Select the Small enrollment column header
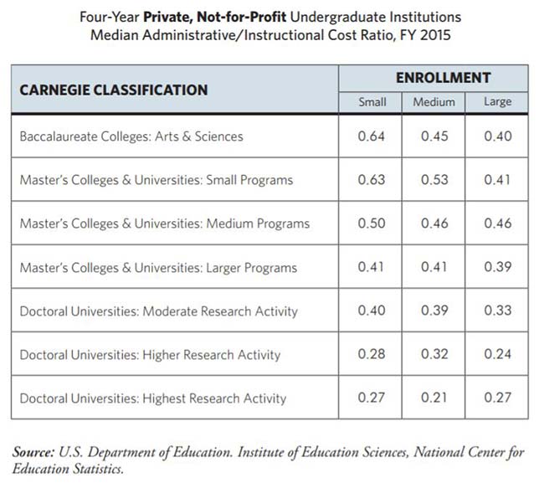(372, 102)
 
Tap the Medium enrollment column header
(434, 102)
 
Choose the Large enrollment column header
(498, 102)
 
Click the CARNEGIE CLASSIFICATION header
(113, 90)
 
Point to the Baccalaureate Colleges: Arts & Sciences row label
(131, 136)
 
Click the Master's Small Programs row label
(157, 180)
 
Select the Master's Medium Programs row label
(165, 224)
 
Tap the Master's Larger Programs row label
(158, 267)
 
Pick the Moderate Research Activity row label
(158, 311)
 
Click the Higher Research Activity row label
(151, 355)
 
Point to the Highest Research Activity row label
(153, 398)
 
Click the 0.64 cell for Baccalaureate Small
(372, 136)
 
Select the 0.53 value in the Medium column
(434, 180)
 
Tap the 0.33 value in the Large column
(498, 311)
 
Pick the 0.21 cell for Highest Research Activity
(434, 398)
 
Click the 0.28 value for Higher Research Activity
(372, 355)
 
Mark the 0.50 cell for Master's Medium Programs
(372, 224)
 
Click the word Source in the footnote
(34, 452)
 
